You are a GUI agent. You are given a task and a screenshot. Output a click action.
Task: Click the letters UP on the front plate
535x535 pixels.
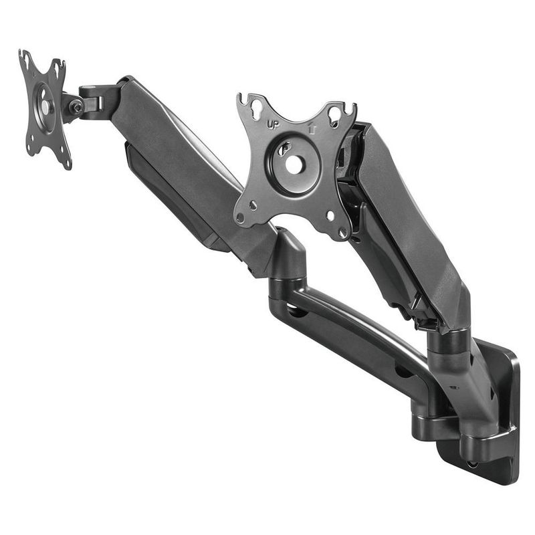pyautogui.click(x=273, y=125)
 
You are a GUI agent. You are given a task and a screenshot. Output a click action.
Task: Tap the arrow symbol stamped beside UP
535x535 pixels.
pyautogui.click(x=312, y=128)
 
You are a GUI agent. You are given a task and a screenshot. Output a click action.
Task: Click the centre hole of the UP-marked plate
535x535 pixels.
pyautogui.click(x=294, y=165)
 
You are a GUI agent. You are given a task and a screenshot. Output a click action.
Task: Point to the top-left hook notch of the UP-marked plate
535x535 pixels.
pyautogui.click(x=243, y=98)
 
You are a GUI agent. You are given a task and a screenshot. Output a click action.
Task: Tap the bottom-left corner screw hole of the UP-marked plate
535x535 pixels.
pyautogui.click(x=240, y=217)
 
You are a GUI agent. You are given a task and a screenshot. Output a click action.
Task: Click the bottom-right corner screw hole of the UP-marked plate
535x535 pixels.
pyautogui.click(x=342, y=233)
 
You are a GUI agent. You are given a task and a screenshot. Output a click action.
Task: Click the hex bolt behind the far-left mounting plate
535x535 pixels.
pyautogui.click(x=77, y=108)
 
